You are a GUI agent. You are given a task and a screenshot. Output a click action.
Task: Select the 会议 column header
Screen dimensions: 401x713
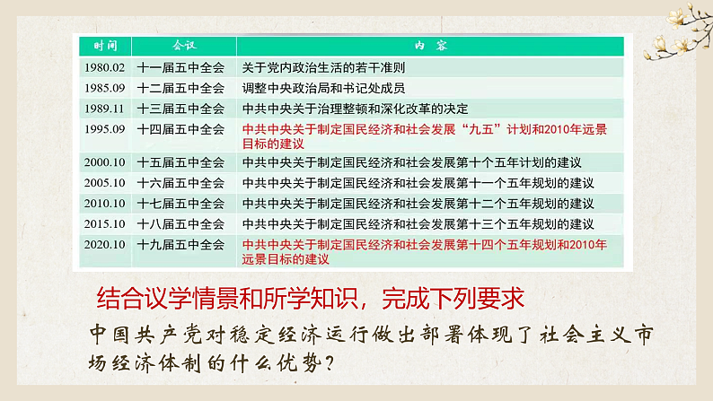point(183,45)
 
